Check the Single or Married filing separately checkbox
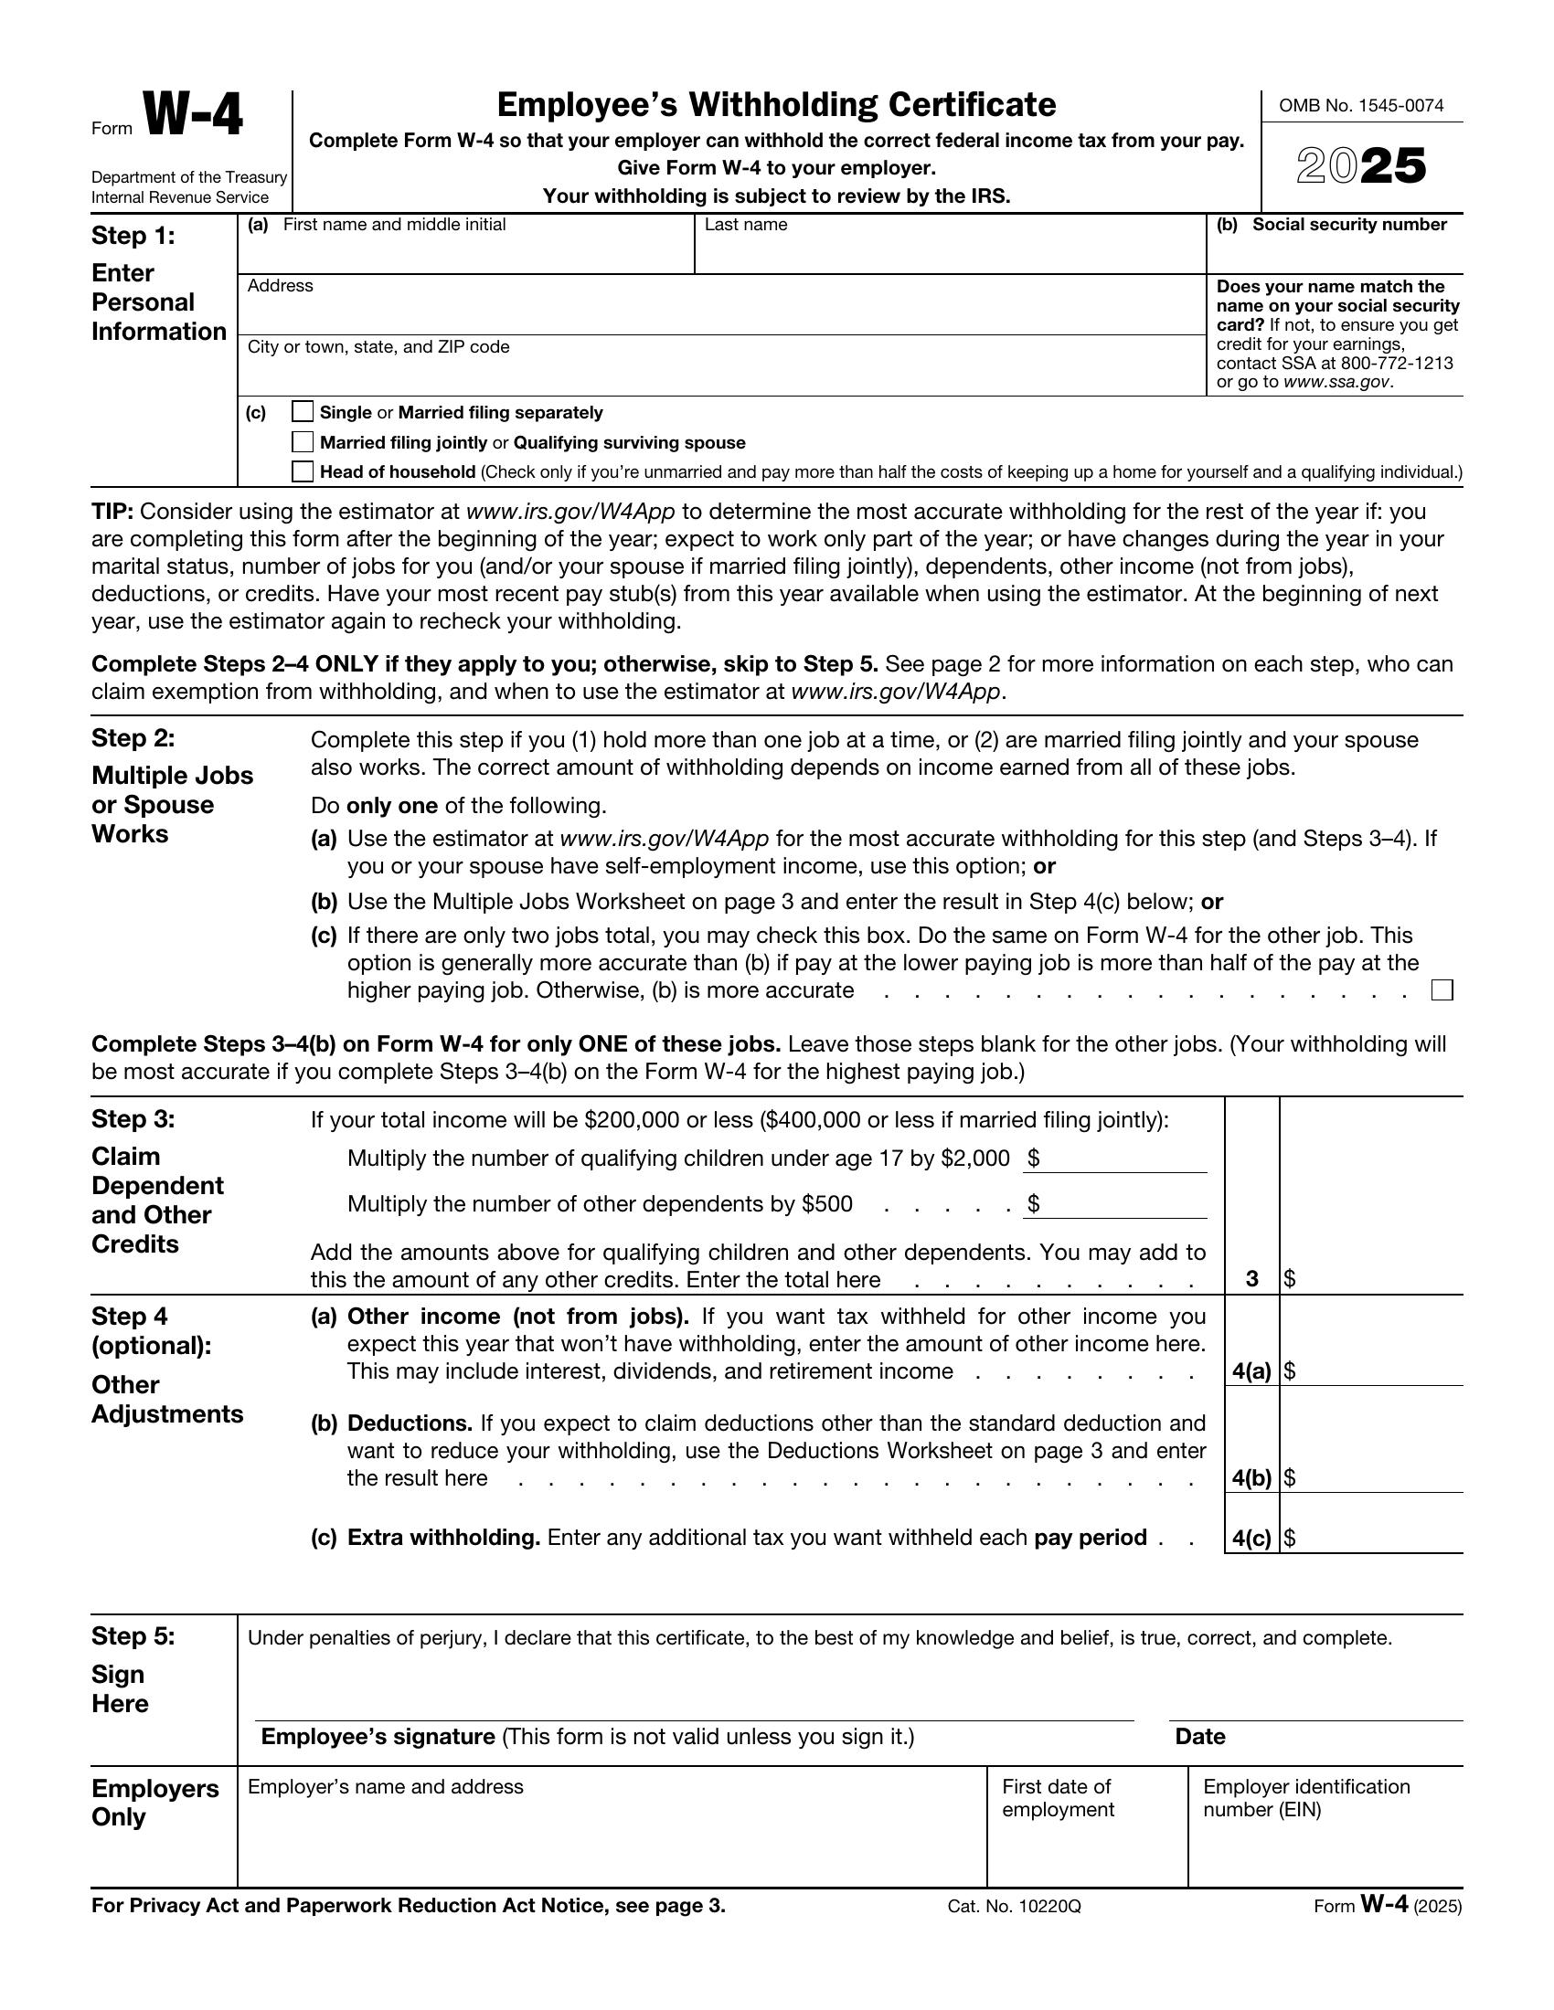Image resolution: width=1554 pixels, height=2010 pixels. click(x=303, y=411)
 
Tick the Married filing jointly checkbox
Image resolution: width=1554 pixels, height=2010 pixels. click(x=303, y=442)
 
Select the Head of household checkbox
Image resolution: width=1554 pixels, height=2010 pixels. click(x=303, y=471)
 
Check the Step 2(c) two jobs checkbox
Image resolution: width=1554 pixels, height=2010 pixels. click(x=1442, y=990)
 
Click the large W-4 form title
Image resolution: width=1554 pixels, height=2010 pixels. click(x=193, y=117)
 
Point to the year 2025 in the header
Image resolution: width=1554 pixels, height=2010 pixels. click(x=1361, y=166)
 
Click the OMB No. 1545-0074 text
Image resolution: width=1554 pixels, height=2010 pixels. click(x=1361, y=106)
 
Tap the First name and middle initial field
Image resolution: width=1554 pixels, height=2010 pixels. click(x=465, y=253)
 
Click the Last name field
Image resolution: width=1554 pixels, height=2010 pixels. click(x=948, y=253)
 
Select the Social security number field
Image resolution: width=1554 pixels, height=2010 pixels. click(x=1334, y=253)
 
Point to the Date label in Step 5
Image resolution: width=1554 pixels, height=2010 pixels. click(x=1199, y=1737)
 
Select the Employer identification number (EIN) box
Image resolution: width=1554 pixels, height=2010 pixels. click(x=1325, y=1850)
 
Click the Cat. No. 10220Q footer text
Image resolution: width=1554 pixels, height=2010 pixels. click(x=1014, y=1906)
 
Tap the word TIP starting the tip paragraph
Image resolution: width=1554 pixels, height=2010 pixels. click(x=112, y=512)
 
